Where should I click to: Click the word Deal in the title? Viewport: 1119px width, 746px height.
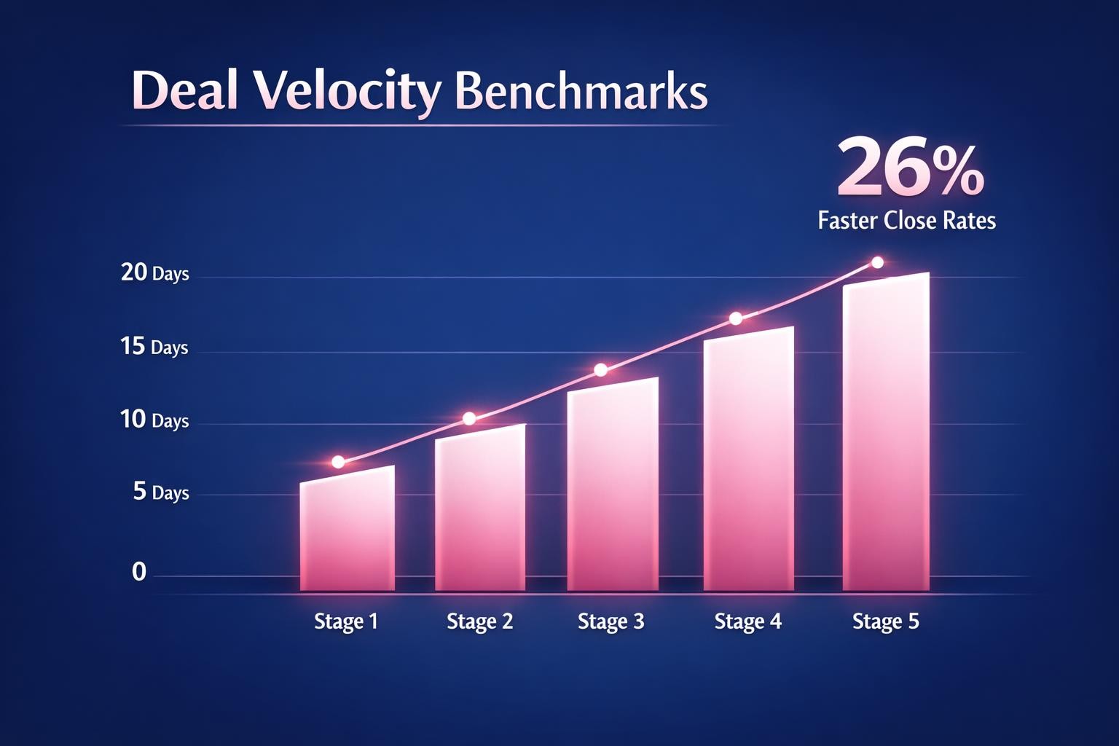tap(185, 91)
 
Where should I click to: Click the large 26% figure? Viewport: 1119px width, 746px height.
tap(911, 169)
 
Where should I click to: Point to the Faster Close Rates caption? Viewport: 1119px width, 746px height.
tap(906, 220)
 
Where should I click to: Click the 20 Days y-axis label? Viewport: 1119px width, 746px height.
tap(154, 272)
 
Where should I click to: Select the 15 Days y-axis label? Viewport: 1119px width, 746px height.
tap(154, 347)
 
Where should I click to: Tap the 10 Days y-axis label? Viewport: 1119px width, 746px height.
tap(154, 420)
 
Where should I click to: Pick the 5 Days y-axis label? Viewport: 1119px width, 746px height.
tap(161, 492)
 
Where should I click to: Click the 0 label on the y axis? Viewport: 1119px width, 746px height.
tap(139, 573)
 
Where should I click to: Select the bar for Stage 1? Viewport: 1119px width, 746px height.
tap(348, 532)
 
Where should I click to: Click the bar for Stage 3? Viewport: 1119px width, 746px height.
tap(613, 488)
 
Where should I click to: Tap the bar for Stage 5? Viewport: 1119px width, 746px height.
tap(886, 437)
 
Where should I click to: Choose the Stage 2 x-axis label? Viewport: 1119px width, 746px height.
tap(479, 621)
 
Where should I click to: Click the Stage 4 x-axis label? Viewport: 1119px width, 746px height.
tap(747, 621)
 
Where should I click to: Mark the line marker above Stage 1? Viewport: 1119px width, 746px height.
tap(338, 462)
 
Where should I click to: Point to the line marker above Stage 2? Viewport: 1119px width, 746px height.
tap(469, 418)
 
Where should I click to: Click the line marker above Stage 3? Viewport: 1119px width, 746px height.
tap(601, 370)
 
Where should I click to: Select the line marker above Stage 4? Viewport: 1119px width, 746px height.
tap(736, 318)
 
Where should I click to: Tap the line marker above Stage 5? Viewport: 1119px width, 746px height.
tap(877, 262)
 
